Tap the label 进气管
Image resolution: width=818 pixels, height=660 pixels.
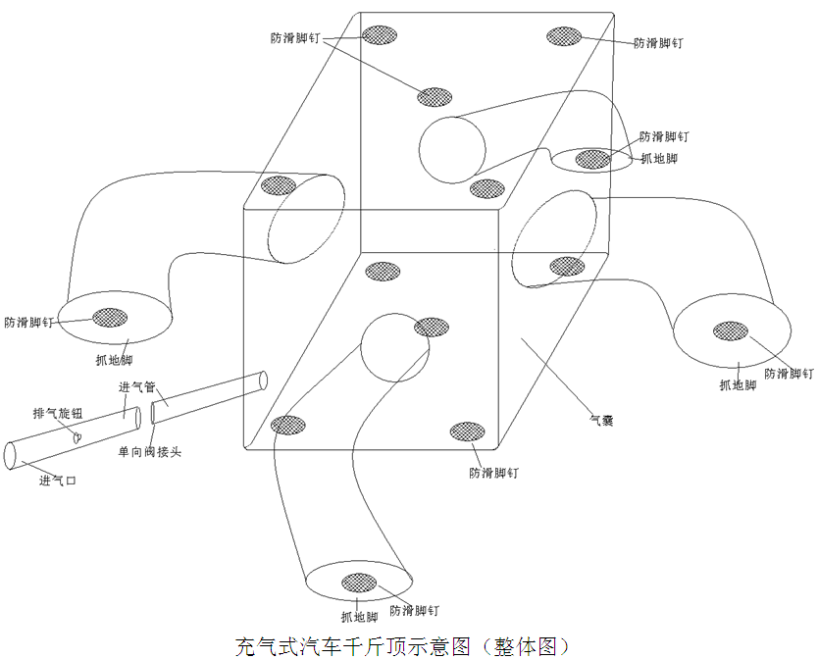click(137, 387)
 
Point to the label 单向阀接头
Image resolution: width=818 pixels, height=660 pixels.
click(150, 451)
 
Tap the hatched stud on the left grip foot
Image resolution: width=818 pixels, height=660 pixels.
click(110, 317)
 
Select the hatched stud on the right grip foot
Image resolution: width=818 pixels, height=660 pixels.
click(730, 330)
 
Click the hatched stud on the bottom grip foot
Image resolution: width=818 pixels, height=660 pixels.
click(358, 583)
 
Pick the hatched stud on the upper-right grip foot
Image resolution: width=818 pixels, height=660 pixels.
click(592, 158)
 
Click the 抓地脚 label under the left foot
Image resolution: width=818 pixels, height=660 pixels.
click(115, 360)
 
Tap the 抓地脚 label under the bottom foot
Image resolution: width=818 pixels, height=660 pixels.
click(359, 617)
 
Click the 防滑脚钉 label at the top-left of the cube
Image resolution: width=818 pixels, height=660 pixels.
click(295, 38)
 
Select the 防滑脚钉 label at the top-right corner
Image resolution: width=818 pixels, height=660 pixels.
click(658, 43)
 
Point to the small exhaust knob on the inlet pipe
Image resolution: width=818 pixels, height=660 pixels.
click(77, 438)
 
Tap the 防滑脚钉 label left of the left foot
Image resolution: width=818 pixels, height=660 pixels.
click(28, 322)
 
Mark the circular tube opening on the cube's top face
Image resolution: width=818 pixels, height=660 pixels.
click(452, 149)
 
